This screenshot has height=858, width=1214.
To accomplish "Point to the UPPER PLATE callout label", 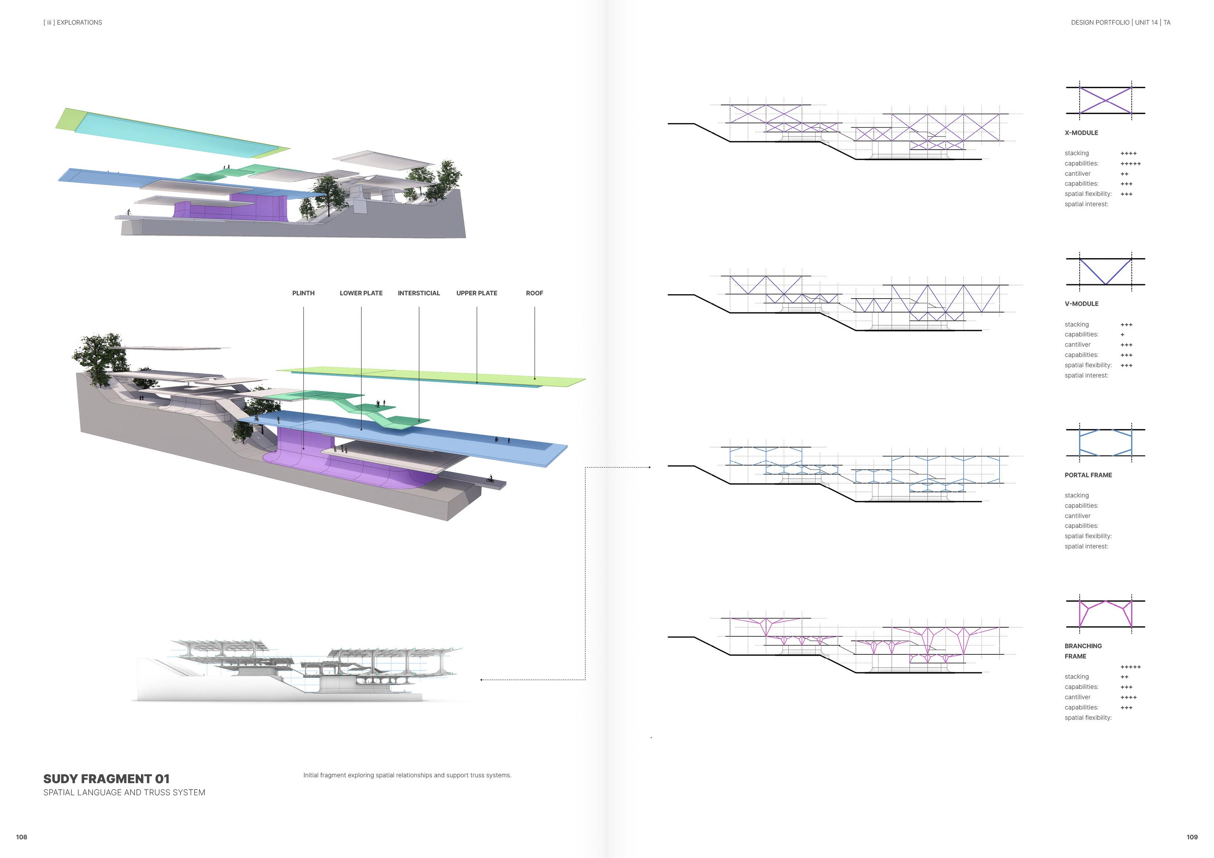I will [x=476, y=293].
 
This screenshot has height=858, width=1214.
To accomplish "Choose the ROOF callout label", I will [x=534, y=293].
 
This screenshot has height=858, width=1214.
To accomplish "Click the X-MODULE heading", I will [x=1081, y=133].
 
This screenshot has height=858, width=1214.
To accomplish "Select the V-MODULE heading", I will [x=1081, y=304].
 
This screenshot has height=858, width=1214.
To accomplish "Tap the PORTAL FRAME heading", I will [x=1088, y=475].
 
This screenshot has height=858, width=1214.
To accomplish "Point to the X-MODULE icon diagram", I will [x=1105, y=101].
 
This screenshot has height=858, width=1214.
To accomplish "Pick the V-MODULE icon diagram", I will [x=1105, y=271].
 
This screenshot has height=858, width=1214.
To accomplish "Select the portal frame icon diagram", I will [x=1105, y=443].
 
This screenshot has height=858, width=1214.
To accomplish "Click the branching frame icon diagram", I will [x=1105, y=614].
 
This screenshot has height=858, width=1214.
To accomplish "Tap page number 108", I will [x=21, y=837].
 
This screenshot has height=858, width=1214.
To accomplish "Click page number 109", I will [x=1192, y=837].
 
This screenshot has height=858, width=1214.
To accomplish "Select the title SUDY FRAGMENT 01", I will [x=106, y=779].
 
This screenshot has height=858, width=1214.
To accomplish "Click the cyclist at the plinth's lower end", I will [x=490, y=479].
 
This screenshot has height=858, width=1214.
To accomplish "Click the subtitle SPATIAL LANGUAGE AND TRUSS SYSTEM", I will [x=124, y=792].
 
